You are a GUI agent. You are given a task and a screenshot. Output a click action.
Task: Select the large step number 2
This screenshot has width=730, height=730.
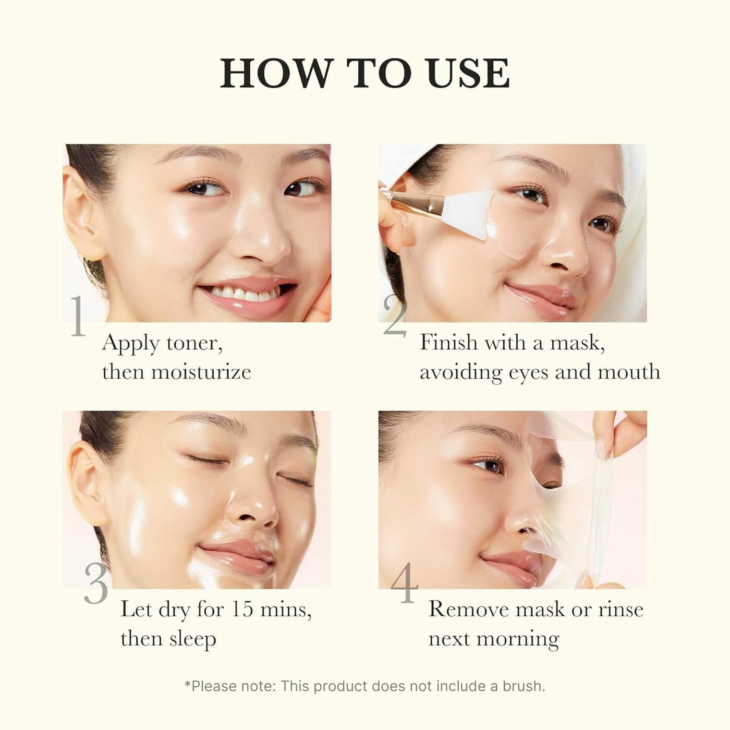(x=394, y=317)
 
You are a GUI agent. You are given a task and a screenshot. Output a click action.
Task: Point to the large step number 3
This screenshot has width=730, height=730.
(x=96, y=583)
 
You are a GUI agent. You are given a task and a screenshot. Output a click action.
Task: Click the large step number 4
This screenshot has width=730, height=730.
(x=405, y=583)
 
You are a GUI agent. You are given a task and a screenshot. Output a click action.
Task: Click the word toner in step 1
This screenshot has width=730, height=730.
(x=194, y=343)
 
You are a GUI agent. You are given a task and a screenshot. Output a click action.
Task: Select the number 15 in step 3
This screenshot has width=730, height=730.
(x=245, y=609)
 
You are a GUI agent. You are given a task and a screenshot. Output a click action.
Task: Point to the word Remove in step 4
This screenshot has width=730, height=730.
(x=468, y=609)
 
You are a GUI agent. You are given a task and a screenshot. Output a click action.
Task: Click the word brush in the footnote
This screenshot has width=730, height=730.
(x=522, y=686)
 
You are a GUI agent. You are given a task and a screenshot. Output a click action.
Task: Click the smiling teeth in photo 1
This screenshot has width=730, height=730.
(x=245, y=294)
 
